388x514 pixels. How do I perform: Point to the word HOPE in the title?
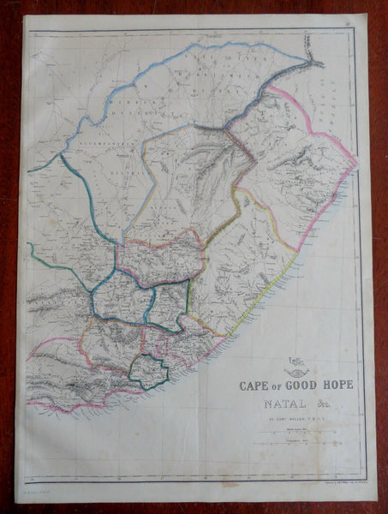[335, 384]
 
